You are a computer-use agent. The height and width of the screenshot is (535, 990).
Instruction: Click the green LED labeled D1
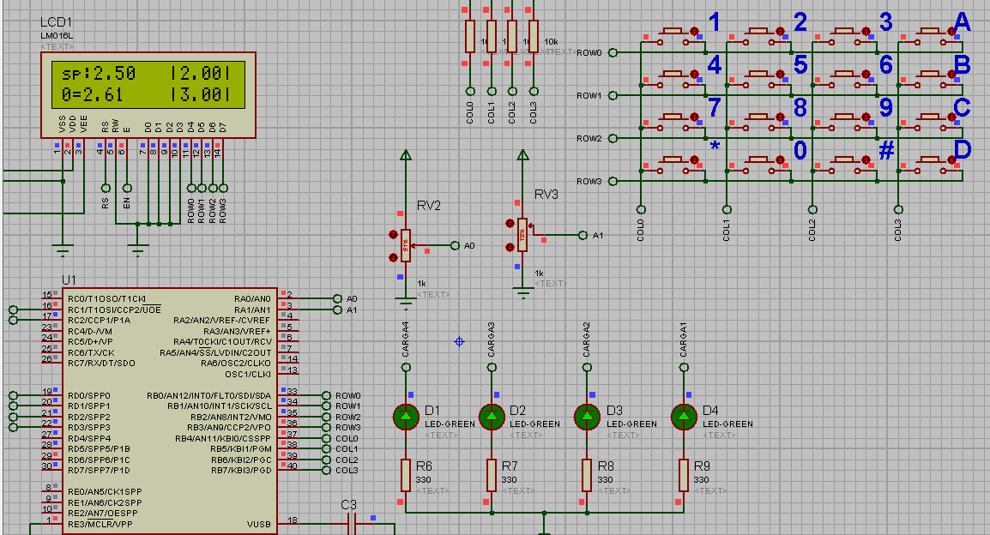coord(406,417)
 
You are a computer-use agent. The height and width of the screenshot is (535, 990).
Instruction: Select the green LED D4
coord(684,417)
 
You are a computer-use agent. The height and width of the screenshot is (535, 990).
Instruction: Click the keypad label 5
coord(800,64)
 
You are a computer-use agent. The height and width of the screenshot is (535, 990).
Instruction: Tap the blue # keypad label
coord(886,150)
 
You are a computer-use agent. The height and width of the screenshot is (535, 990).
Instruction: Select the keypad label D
coord(962,150)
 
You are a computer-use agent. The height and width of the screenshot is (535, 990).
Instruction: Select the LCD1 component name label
coord(57,21)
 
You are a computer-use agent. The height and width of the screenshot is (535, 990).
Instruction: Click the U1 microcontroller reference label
coord(69,280)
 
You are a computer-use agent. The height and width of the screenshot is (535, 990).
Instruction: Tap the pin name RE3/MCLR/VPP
coord(100,523)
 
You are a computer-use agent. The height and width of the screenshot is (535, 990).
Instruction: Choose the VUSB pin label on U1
coord(259,523)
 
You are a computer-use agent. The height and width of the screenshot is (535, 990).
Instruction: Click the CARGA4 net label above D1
coord(406,340)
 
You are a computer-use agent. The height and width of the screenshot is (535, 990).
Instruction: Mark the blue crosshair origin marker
coord(459,341)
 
